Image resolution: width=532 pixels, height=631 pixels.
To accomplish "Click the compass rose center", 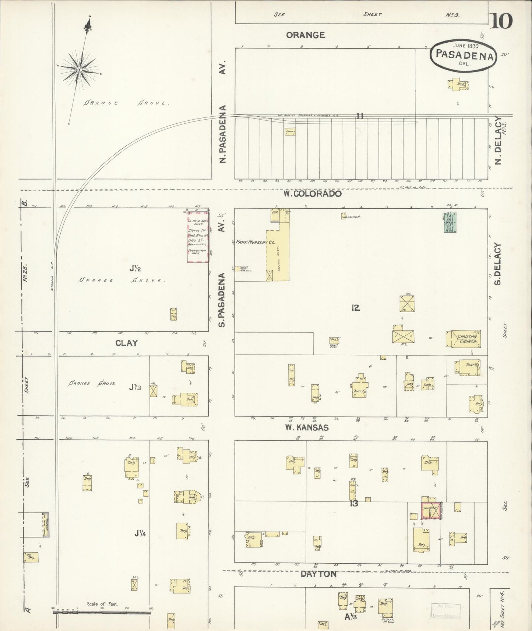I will point(79,70).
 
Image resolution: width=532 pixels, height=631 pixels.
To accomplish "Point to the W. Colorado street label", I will point(312,194).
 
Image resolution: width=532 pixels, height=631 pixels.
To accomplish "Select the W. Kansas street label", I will point(306,428).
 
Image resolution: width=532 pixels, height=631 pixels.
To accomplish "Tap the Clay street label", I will point(126,343).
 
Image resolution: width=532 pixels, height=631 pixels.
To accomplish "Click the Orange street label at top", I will point(306,35).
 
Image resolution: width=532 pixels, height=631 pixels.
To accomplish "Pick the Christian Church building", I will point(463,339).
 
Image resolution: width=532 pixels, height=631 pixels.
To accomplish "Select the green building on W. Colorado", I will point(450,222).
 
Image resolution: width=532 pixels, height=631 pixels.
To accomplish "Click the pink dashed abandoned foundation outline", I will point(198,237).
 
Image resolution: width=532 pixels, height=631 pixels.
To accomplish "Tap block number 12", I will point(355,308).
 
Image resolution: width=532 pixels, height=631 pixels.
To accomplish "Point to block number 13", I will point(354,503).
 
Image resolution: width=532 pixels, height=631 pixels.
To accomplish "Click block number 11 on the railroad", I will point(360,116).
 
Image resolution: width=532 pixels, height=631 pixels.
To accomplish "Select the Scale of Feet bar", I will point(102,612).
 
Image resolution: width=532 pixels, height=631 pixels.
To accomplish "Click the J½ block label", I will point(135,269).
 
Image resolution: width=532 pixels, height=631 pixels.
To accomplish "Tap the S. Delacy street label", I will point(498,264).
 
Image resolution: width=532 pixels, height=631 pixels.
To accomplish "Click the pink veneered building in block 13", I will point(430,511).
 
